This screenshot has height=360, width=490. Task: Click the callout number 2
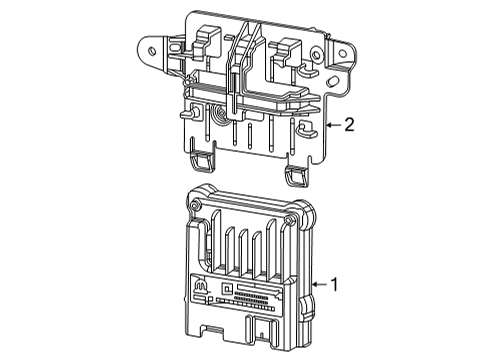(x=349, y=125)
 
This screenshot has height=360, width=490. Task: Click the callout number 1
(x=335, y=285)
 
